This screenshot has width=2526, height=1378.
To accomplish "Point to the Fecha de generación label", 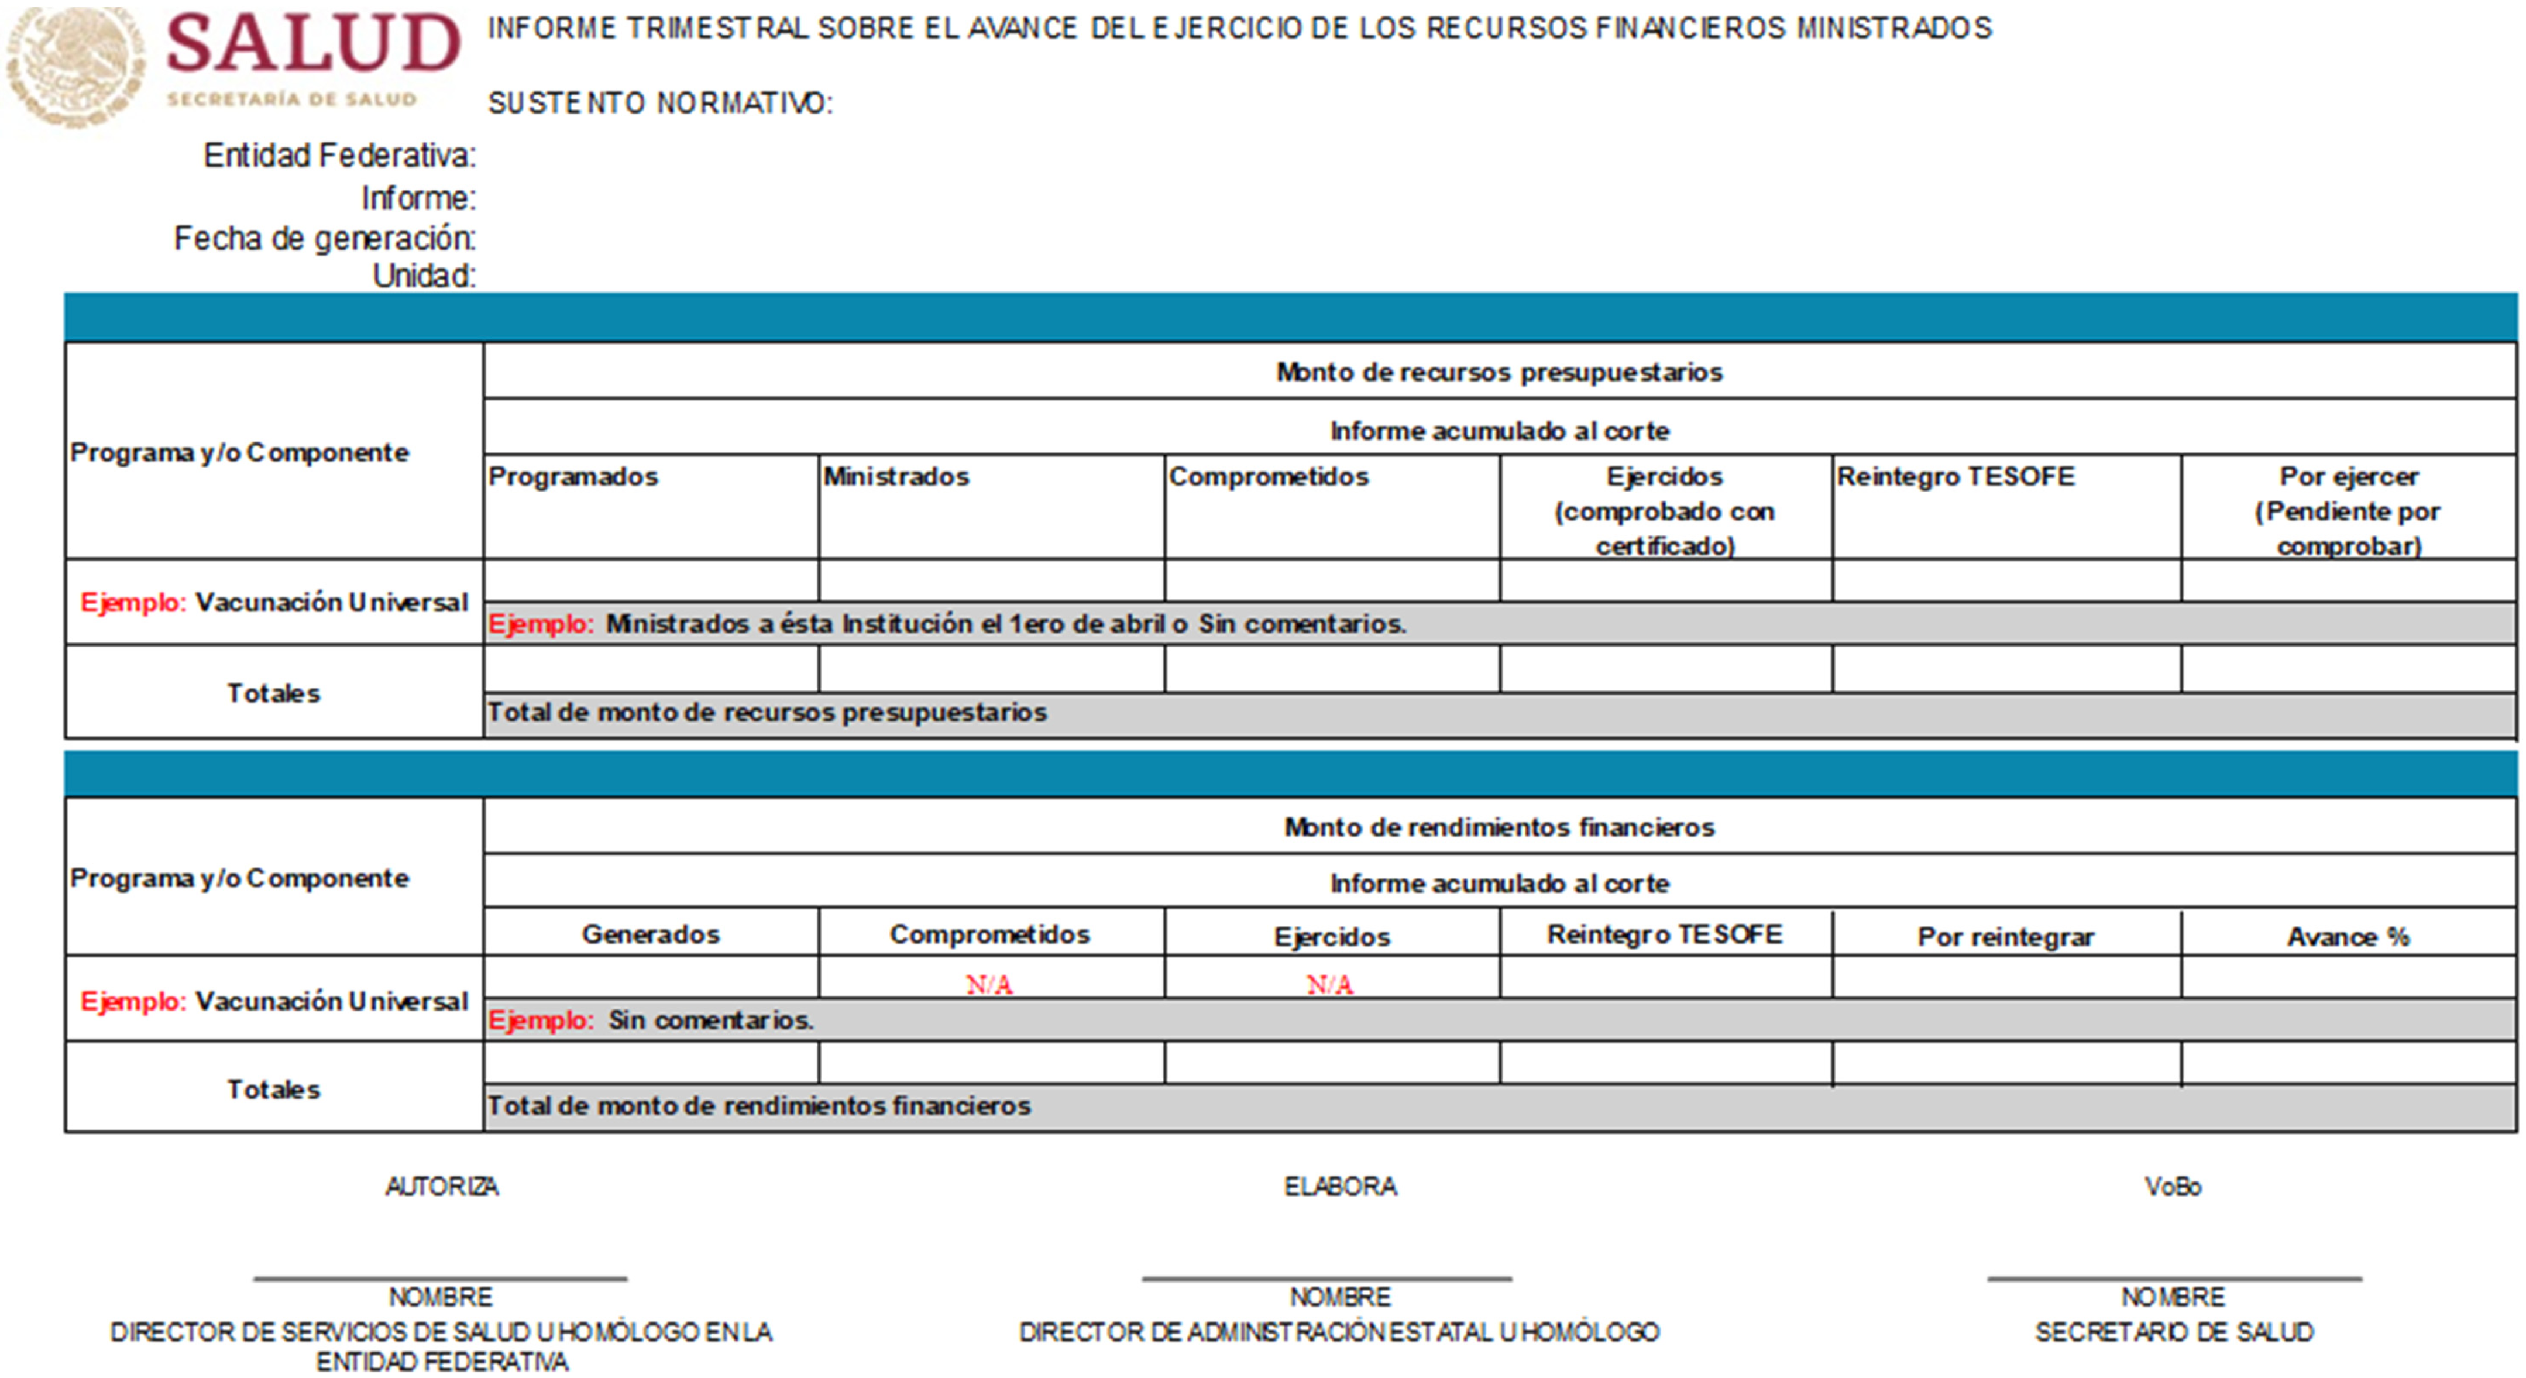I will (325, 238).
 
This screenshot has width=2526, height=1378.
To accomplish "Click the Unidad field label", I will (424, 276).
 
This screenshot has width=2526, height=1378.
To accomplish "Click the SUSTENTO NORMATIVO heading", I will (660, 103).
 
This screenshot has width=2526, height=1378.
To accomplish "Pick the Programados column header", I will (573, 477).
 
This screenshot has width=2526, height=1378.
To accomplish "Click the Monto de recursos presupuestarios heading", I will (1499, 372).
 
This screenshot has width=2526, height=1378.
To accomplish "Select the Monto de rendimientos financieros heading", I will (1499, 827).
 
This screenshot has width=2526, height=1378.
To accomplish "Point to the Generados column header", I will (651, 934).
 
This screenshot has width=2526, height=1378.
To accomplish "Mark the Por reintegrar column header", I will (2006, 937).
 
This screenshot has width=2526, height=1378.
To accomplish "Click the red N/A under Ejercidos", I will (1329, 984).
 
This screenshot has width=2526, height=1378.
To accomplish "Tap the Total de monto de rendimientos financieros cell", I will (759, 1105).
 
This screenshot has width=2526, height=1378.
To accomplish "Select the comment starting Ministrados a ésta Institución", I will (1005, 624).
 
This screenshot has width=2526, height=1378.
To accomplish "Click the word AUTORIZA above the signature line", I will (441, 1187).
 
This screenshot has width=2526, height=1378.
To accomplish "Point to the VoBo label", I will (2173, 1187).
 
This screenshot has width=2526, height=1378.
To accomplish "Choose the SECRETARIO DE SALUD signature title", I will (2174, 1332).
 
